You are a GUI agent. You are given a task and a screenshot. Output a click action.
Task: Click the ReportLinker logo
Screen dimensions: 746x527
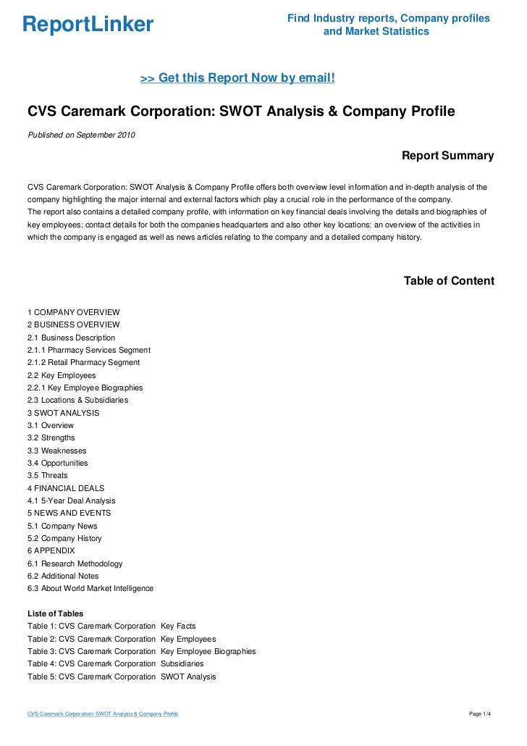88,25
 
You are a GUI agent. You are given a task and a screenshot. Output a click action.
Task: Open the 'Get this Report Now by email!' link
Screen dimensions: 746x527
237,77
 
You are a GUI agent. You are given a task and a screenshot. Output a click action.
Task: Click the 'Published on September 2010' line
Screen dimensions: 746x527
81,135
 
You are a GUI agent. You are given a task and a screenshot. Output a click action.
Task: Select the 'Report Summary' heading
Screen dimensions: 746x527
447,156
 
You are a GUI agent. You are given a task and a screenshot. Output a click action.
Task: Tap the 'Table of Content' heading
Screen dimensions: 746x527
449,281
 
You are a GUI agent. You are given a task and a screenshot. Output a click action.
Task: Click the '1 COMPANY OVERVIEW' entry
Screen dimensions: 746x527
73,312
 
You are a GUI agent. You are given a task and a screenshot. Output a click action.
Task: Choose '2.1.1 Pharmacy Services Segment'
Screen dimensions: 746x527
89,350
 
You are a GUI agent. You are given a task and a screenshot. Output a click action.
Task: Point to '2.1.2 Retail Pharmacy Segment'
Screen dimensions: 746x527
84,362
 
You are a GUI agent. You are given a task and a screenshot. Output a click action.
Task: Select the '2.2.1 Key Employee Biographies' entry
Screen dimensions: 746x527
85,387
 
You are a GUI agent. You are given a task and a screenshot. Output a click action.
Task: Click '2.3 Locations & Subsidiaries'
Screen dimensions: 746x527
77,400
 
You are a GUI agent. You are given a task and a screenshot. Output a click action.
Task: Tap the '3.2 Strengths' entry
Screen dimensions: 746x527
51,437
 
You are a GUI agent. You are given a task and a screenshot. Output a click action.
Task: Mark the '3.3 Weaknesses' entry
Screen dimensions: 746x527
56,450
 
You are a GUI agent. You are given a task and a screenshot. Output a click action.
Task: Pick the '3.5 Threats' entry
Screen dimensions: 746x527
48,475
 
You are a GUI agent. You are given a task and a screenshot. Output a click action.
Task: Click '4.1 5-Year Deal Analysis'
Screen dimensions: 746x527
71,500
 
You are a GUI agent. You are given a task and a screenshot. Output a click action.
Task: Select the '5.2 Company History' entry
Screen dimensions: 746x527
64,538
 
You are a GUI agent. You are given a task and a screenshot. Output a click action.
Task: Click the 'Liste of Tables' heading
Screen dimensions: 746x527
55,613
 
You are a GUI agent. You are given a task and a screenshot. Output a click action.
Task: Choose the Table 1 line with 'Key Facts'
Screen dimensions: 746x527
111,626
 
